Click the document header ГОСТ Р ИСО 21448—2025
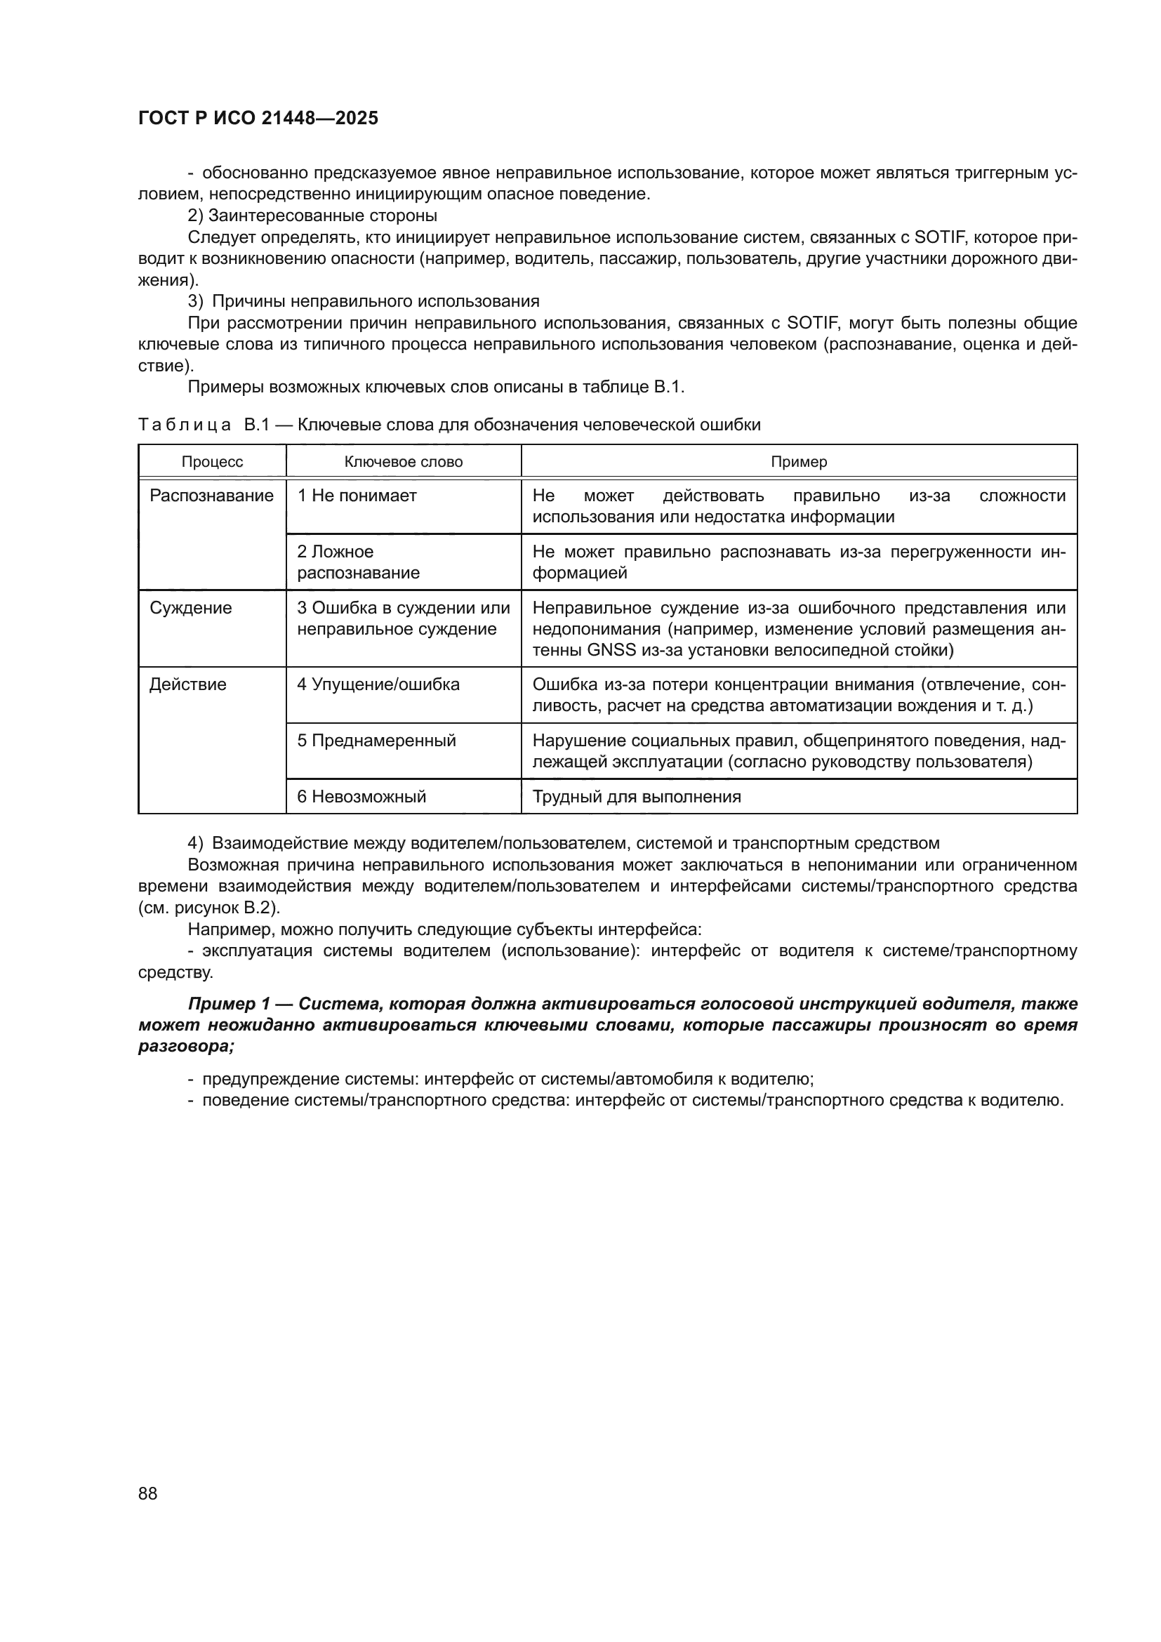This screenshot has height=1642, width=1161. coord(258,118)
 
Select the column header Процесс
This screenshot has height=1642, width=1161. coord(212,462)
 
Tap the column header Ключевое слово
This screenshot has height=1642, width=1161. coord(403,462)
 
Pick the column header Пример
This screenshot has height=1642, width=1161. coord(799,462)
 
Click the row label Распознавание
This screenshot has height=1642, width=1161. coord(211,496)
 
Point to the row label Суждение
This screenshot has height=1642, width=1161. coord(191,608)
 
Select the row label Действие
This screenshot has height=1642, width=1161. coord(188,684)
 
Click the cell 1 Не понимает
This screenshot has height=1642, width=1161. coord(357,496)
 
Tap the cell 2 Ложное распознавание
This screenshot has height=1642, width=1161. coord(358,562)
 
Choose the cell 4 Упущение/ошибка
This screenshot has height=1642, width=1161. coord(378,684)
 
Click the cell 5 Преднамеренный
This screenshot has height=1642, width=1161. coord(376,740)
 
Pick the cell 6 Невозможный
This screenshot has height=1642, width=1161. coord(361,797)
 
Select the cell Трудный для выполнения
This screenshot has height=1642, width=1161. coord(636,797)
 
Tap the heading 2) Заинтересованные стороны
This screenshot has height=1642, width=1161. coord(312,216)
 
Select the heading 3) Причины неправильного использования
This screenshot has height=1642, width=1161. coord(363,300)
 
